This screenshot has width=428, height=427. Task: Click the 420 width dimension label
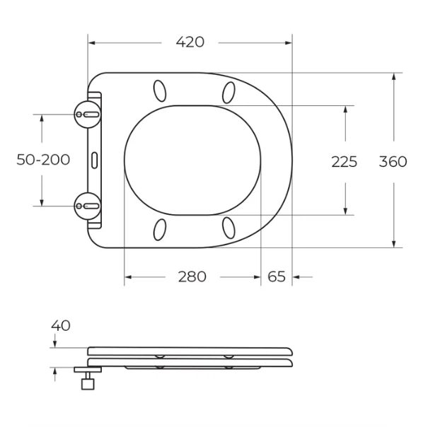coord(190,42)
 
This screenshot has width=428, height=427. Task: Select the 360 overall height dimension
coord(393,161)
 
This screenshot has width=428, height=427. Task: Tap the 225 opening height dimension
coord(345,162)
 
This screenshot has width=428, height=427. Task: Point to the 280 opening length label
coord(192,276)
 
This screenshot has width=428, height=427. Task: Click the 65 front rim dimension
coord(277,276)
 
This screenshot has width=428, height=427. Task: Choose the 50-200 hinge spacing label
coord(43,160)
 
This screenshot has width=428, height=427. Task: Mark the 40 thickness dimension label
coord(61,325)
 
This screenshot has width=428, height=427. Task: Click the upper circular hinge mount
coord(88,115)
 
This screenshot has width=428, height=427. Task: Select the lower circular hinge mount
coord(88,206)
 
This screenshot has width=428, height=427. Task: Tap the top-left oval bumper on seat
coord(160,91)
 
